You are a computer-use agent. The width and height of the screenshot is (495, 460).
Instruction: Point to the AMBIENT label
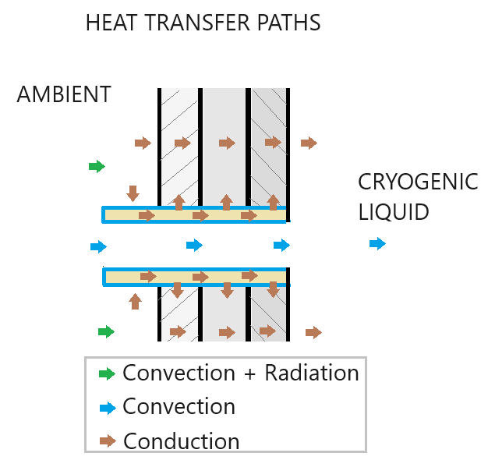coord(64,95)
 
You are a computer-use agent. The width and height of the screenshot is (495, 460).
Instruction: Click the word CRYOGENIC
coord(418,182)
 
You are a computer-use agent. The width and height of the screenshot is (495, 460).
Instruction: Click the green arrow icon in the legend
coord(107,373)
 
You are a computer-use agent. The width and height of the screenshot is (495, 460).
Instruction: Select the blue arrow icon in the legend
coord(107,408)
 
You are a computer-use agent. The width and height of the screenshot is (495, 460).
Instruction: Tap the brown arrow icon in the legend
coord(107,441)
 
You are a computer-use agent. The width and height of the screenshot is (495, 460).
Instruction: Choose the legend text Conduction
coord(182,441)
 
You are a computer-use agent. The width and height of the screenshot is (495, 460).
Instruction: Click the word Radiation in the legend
coord(312,373)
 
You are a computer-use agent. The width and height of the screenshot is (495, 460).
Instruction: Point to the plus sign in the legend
coord(247,373)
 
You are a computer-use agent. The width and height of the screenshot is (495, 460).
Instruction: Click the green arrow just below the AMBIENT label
coord(96,166)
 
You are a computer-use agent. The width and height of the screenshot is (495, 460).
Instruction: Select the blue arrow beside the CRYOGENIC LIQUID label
coord(377,244)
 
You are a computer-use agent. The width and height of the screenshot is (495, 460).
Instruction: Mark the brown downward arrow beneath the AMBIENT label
coord(133,193)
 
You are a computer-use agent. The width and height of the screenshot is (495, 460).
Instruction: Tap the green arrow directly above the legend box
coord(106,332)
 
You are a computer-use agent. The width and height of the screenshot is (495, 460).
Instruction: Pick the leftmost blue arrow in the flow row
coord(98,247)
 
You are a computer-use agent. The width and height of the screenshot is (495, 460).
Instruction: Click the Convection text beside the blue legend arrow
coord(179,407)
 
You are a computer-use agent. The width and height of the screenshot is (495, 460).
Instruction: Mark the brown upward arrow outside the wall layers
coord(136,300)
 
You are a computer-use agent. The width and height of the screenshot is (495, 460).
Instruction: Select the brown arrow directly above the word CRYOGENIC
coord(309,143)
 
